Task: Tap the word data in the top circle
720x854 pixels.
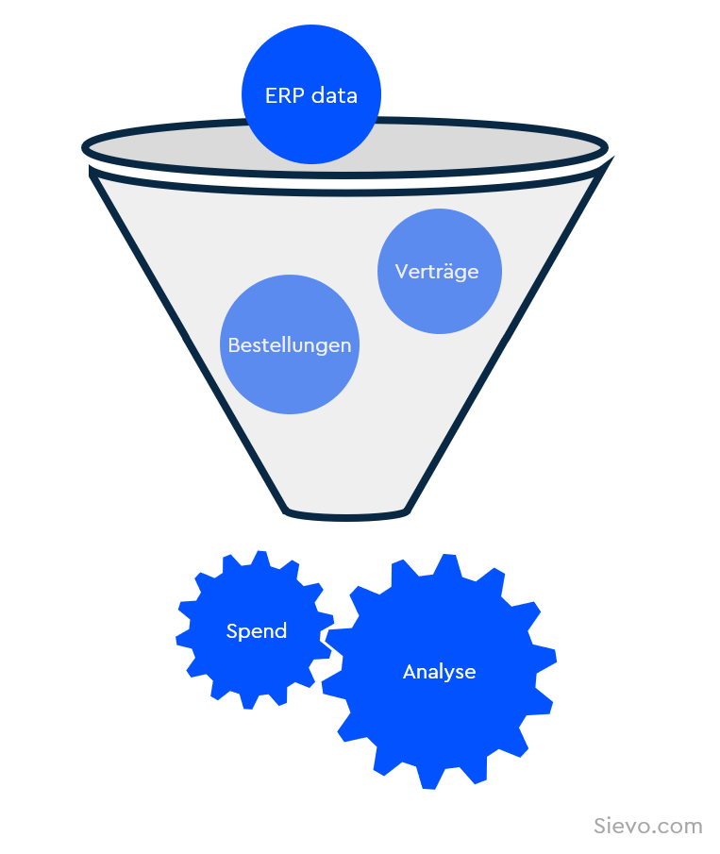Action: pyautogui.click(x=335, y=95)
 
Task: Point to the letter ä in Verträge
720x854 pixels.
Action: pyautogui.click(x=449, y=272)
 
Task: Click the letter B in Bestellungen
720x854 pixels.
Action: pyautogui.click(x=234, y=345)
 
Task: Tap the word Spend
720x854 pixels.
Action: pyautogui.click(x=257, y=631)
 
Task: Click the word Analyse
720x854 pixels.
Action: pyautogui.click(x=439, y=672)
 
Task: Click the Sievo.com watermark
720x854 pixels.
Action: pyautogui.click(x=648, y=826)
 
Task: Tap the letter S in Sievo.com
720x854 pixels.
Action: pyautogui.click(x=600, y=826)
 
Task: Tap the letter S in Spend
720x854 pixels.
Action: pyautogui.click(x=231, y=631)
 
